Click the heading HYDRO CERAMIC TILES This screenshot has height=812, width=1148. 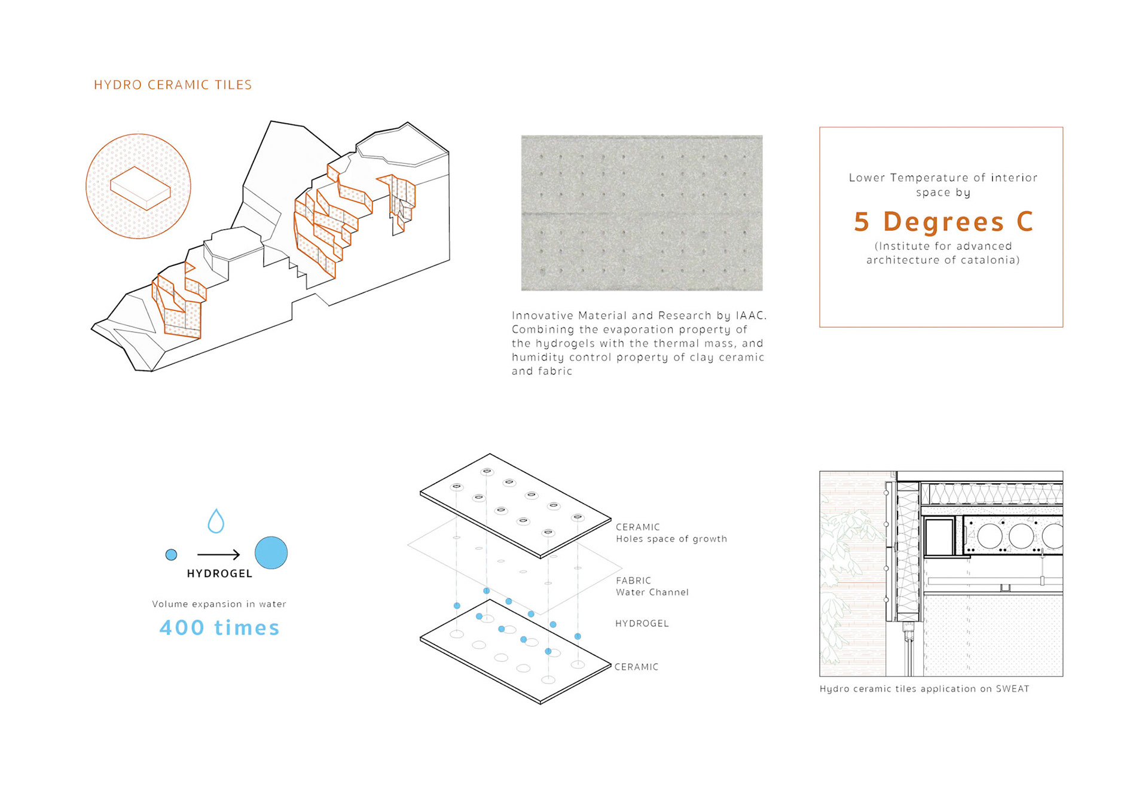click(x=173, y=85)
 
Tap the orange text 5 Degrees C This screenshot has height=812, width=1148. click(x=943, y=222)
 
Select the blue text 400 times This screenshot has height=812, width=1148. click(x=219, y=628)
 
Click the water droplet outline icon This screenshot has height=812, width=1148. click(x=216, y=521)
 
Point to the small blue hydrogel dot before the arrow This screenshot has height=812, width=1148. click(x=171, y=555)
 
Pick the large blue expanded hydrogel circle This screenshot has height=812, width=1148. click(x=271, y=552)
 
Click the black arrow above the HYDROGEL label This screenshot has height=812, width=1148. click(x=218, y=555)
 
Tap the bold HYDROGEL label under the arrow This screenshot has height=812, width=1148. click(x=219, y=573)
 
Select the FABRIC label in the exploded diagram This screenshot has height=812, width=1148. click(x=633, y=581)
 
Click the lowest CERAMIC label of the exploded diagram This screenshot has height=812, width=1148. click(x=636, y=667)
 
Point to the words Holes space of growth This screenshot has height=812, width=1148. click(x=671, y=539)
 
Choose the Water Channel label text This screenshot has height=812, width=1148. click(x=652, y=592)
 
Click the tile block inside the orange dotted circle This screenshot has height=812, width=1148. click(x=141, y=188)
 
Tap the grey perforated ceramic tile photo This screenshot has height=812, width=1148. click(x=642, y=213)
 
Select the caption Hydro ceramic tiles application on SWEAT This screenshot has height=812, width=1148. click(x=924, y=689)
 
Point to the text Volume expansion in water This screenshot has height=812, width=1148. click(x=219, y=604)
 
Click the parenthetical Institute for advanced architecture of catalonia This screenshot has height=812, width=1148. click(x=943, y=253)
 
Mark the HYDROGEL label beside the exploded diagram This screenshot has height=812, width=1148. click(x=642, y=623)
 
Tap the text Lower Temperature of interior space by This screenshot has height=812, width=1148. click(x=943, y=185)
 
